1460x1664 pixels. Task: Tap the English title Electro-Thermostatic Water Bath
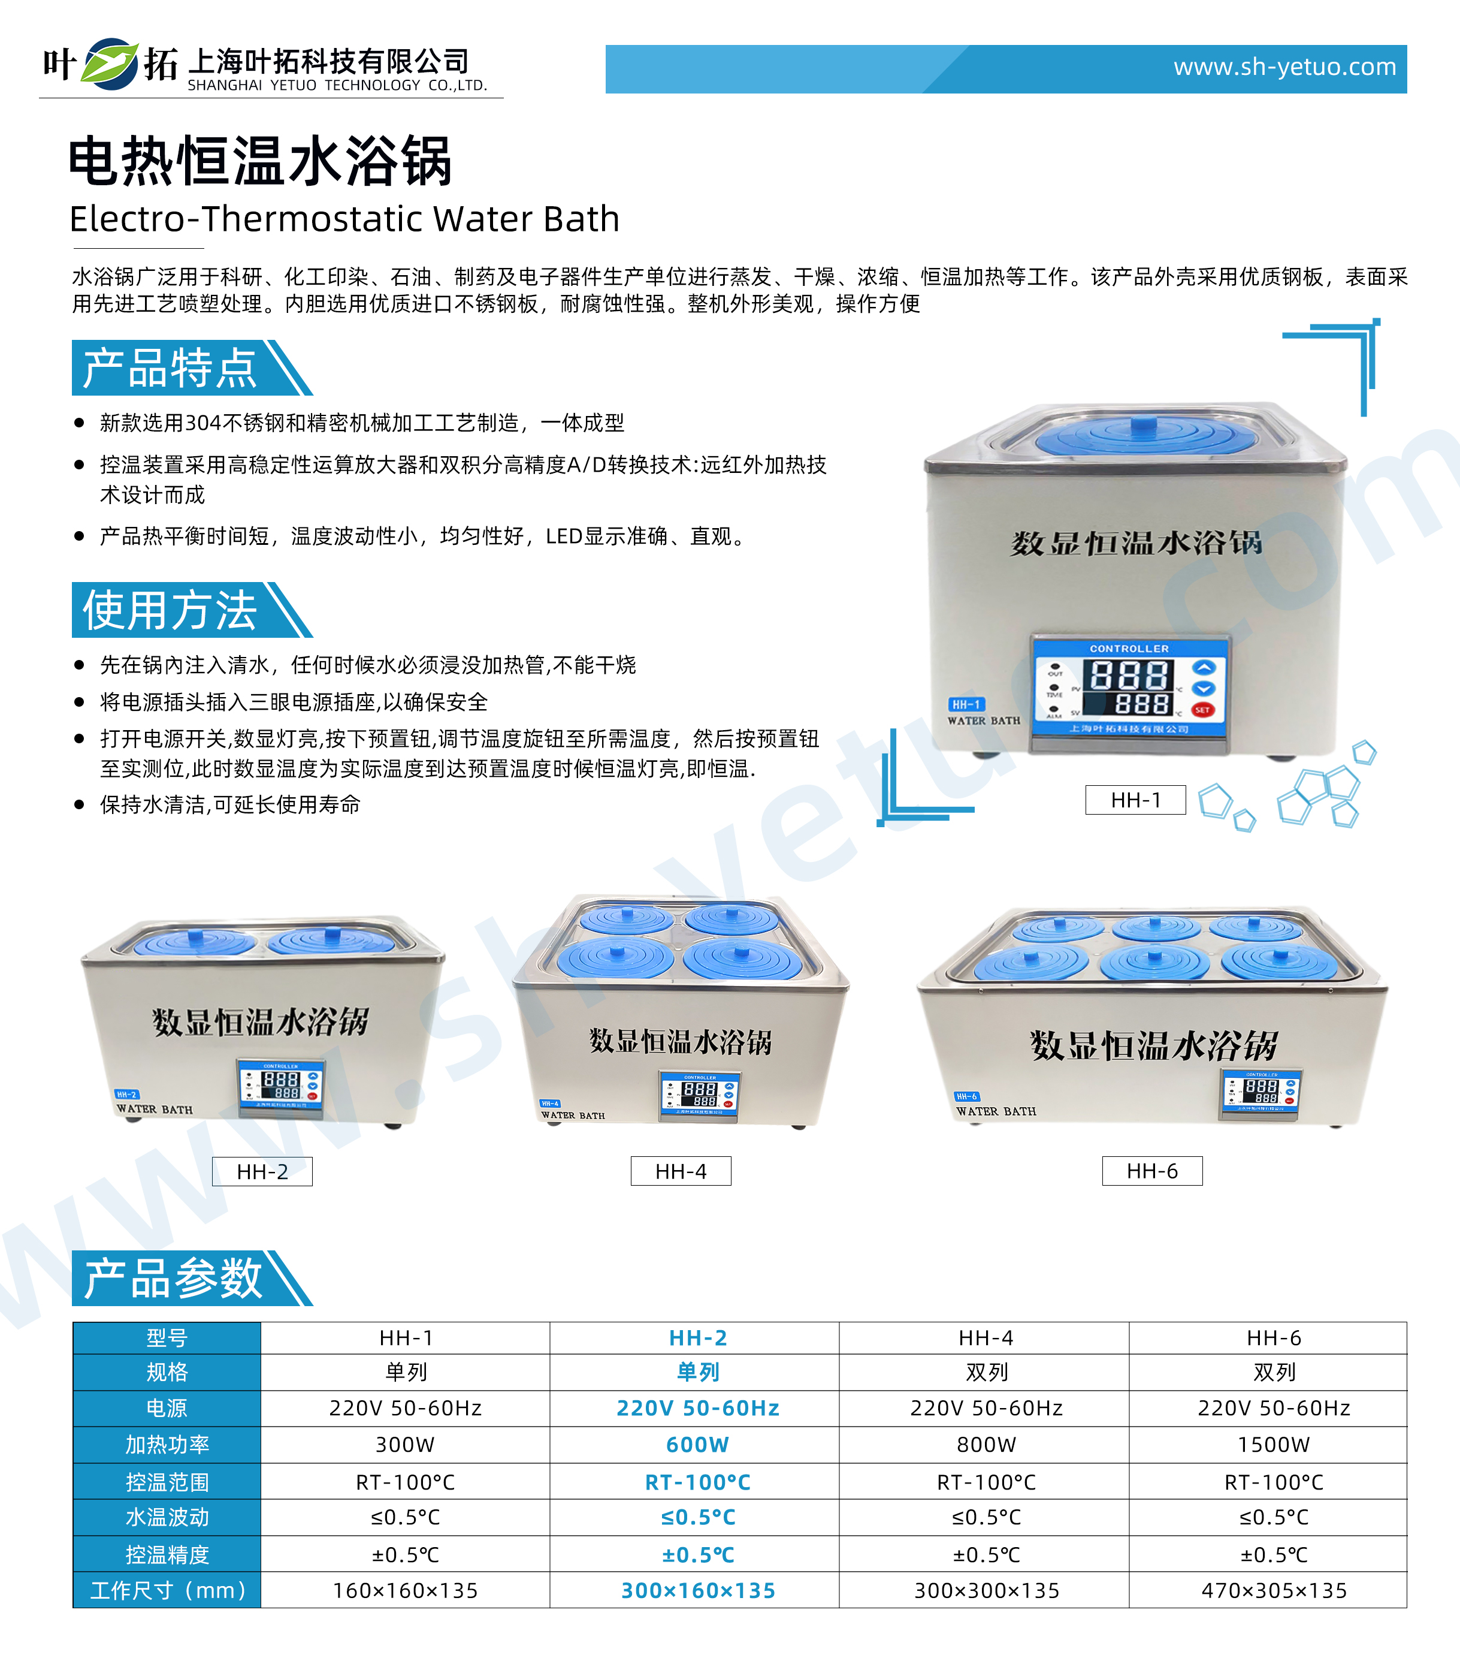[x=344, y=218]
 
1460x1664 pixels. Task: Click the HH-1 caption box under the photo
[x=1135, y=800]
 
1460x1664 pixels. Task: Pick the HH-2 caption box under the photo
[x=262, y=1171]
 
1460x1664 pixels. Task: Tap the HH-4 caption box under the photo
[x=681, y=1171]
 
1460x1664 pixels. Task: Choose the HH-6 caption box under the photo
[x=1151, y=1171]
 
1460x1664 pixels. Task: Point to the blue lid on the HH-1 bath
[x=1147, y=437]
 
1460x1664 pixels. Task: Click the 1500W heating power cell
[x=1273, y=1445]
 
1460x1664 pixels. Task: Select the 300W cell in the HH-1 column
[x=405, y=1445]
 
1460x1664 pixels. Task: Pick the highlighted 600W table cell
[x=697, y=1445]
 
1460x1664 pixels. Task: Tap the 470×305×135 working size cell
[x=1274, y=1591]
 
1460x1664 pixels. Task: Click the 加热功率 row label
[x=167, y=1445]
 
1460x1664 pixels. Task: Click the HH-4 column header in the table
[x=986, y=1337]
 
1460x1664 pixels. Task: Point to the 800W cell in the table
[x=986, y=1445]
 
